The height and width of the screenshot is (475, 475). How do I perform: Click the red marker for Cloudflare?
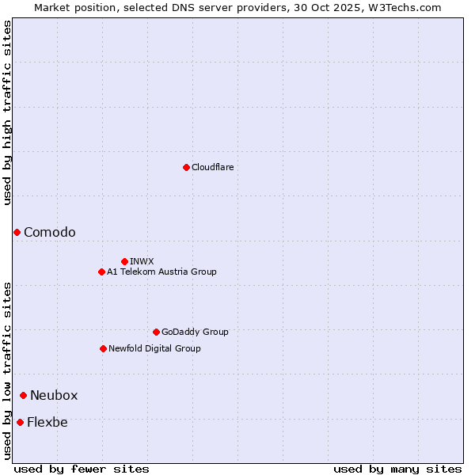[186, 167]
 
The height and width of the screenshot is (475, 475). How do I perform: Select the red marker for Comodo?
[17, 232]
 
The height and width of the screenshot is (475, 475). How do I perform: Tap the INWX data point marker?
[124, 261]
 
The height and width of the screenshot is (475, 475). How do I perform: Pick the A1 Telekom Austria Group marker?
[101, 272]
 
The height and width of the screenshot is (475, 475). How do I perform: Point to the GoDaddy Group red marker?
[156, 332]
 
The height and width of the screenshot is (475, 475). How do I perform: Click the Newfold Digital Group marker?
[103, 348]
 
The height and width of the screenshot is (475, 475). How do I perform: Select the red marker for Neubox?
[24, 395]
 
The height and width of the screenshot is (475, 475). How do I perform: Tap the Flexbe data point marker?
[20, 422]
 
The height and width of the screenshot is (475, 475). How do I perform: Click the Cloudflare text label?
[213, 167]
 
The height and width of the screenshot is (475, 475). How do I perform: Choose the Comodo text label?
[50, 232]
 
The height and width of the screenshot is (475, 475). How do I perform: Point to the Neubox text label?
[54, 395]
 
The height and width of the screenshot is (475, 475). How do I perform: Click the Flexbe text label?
[47, 422]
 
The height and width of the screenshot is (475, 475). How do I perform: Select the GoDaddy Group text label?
[195, 332]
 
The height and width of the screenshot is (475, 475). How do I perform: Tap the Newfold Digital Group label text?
[154, 348]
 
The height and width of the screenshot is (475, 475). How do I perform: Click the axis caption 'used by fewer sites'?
[82, 469]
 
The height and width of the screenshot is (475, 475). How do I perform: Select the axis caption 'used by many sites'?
[397, 469]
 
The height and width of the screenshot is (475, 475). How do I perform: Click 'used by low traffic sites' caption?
[7, 370]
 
